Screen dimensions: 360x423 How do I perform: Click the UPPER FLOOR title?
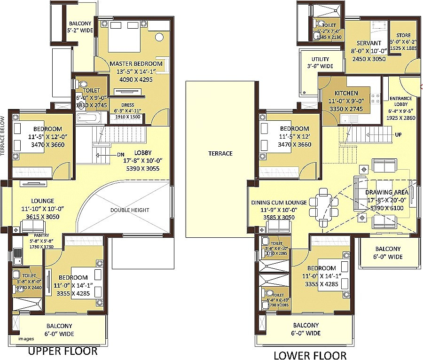pos(63,351)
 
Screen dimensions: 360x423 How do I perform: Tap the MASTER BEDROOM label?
pos(136,63)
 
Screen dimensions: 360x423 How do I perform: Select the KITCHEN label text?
pos(346,93)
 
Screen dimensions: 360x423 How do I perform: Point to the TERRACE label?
pos(220,153)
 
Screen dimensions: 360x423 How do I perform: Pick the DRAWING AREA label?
pos(386,192)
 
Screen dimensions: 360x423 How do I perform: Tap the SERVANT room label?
pos(368,43)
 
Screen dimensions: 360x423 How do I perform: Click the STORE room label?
pos(403,35)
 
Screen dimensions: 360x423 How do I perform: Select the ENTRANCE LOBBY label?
pos(400,102)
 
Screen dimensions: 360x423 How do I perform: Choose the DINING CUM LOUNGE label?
pos(279,203)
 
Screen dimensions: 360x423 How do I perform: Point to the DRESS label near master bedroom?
pos(127,105)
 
